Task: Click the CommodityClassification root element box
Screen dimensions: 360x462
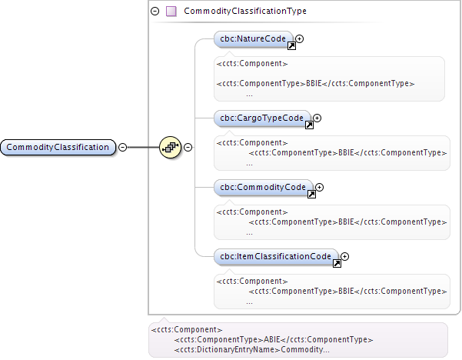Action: pos(58,147)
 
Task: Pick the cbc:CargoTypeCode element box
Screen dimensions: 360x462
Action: pos(261,118)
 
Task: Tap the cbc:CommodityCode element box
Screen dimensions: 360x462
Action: pos(262,187)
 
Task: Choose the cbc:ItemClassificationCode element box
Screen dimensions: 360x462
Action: pos(275,256)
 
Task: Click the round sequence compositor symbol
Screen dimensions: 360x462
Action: pos(170,147)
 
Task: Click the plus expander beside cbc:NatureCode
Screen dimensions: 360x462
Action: pos(300,38)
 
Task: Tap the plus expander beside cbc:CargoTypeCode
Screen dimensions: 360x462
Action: pos(317,118)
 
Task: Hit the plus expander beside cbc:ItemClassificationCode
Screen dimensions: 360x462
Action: pos(344,256)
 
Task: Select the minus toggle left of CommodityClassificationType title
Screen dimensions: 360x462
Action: pos(155,12)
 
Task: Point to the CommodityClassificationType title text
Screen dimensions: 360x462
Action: pos(245,12)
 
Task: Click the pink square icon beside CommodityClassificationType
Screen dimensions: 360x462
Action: pos(171,12)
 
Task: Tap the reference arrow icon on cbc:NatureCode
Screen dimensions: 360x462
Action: pos(291,46)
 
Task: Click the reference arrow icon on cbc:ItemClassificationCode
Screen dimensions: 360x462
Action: pos(336,264)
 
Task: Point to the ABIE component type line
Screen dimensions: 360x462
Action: pos(274,339)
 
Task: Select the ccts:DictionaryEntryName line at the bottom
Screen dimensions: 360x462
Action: pos(252,349)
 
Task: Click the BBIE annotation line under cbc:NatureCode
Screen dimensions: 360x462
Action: pos(315,83)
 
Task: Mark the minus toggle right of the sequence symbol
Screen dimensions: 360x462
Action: pos(188,147)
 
